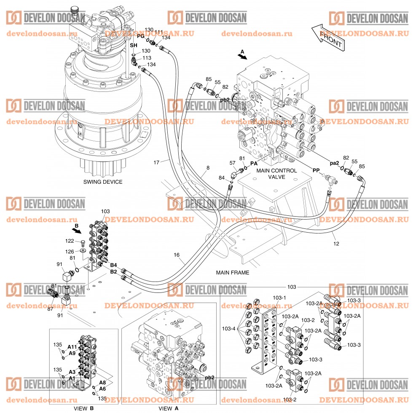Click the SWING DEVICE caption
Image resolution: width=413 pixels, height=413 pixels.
tap(103, 182)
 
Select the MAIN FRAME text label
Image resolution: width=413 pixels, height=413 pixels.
tap(233, 273)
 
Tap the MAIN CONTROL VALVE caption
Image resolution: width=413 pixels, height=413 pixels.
tap(277, 174)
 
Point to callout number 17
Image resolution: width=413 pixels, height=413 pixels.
tap(156, 162)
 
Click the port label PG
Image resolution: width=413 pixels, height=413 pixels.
tap(140, 36)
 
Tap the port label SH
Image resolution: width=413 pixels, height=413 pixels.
tap(133, 45)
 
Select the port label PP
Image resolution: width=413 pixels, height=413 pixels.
tap(316, 170)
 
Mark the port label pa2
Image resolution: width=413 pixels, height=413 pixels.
tap(334, 163)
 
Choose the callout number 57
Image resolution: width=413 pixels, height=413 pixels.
tap(232, 163)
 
